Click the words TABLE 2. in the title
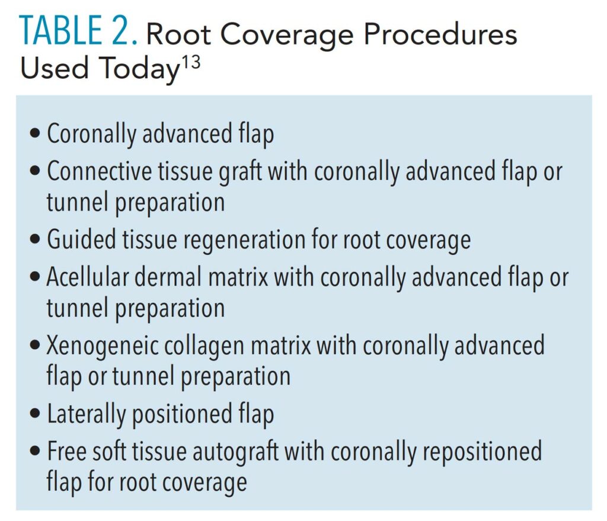[x=78, y=31]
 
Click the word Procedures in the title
[x=440, y=34]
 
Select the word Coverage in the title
[x=287, y=35]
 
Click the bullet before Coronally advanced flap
[x=35, y=134]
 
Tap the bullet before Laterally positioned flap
[x=35, y=414]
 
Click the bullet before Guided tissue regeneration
[x=35, y=239]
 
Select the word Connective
[x=100, y=171]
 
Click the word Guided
[x=81, y=239]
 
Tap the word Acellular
[x=88, y=277]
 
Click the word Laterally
[x=86, y=414]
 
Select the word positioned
[x=183, y=414]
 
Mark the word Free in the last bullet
[x=66, y=451]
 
